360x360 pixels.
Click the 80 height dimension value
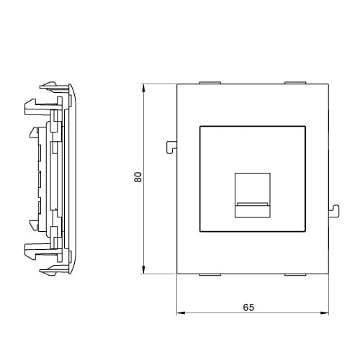(x=138, y=177)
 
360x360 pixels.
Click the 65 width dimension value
(x=248, y=307)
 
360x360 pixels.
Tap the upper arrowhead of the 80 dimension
(x=143, y=88)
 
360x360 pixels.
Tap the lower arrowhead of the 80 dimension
(x=143, y=269)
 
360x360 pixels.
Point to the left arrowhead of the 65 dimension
(x=181, y=313)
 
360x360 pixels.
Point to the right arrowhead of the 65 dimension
(x=325, y=313)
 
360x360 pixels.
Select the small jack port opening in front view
(x=253, y=195)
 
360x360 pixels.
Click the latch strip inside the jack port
(x=253, y=204)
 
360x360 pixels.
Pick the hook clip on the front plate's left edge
(x=171, y=148)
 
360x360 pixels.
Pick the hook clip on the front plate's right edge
(x=334, y=211)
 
